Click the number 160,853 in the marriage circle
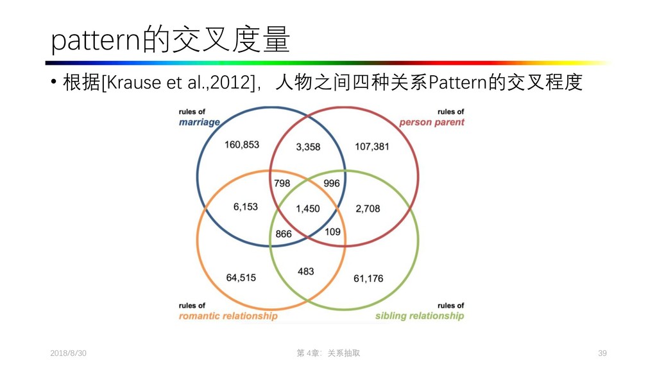point(242,145)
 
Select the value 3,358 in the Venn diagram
point(307,146)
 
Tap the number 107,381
point(372,146)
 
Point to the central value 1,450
point(307,209)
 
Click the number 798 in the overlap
point(282,183)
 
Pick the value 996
point(332,183)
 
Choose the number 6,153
point(245,207)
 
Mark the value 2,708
point(368,209)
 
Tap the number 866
point(284,234)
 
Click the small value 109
point(332,231)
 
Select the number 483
point(306,271)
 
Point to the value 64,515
point(241,277)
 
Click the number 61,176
point(368,278)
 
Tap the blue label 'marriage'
point(199,122)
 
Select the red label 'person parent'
point(431,122)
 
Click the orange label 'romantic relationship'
point(228,316)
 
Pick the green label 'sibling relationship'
point(419,316)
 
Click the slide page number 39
point(602,353)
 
